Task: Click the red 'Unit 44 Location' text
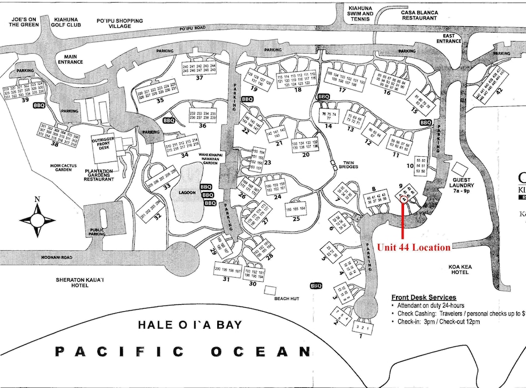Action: point(413,247)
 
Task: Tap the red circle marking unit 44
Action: point(403,199)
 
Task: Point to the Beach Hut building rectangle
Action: point(270,290)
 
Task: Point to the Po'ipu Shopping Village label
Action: point(120,24)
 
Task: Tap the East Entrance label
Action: point(448,38)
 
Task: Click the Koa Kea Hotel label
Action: point(461,270)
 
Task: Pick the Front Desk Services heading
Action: point(423,298)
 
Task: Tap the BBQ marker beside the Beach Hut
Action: point(316,286)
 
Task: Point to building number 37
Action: point(199,78)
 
